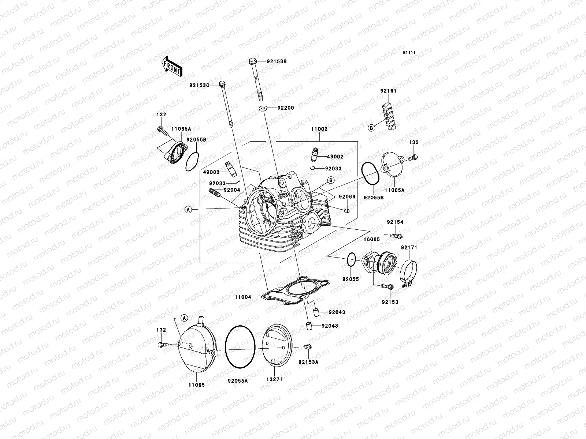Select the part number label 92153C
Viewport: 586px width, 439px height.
pos(209,85)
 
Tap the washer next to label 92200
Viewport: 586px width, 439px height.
pos(263,108)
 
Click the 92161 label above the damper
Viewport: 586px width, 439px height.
pos(388,91)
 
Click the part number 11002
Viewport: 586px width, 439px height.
pos(319,129)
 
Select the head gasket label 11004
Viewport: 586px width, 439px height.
pos(243,297)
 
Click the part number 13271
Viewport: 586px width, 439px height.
pos(274,379)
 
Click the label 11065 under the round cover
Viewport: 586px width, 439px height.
pos(197,385)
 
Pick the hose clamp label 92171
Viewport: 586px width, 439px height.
pos(409,248)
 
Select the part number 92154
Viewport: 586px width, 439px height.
pos(395,222)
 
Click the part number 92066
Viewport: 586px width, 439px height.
pos(346,197)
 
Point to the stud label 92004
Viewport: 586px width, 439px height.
pos(232,190)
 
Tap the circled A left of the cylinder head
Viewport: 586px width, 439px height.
pos(188,209)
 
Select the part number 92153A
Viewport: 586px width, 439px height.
pos(308,362)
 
